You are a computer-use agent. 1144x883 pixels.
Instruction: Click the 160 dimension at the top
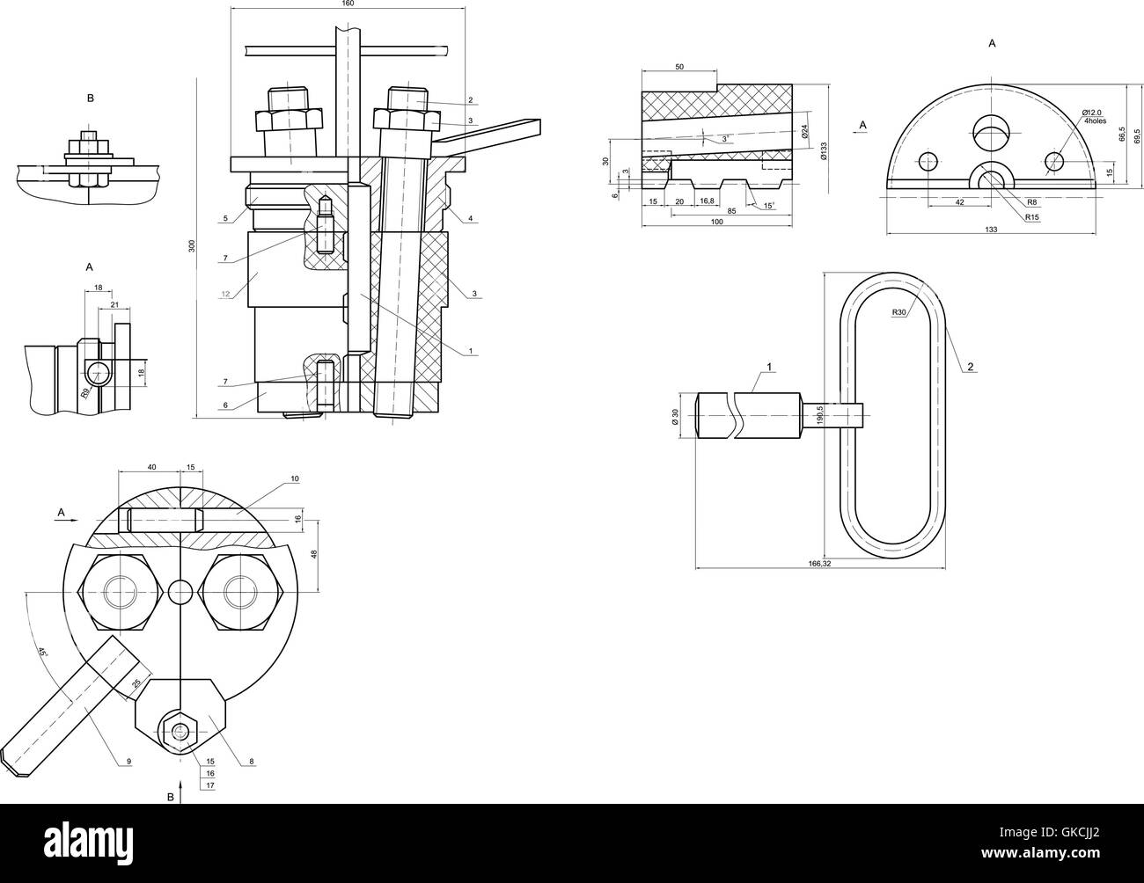coord(348,4)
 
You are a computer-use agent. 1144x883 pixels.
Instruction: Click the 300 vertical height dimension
coord(192,246)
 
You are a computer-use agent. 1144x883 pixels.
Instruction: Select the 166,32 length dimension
coord(819,563)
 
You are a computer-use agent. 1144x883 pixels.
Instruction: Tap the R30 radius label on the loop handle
coord(898,312)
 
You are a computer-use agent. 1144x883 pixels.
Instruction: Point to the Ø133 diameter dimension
coord(824,151)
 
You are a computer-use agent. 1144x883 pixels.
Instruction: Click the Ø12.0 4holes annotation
coord(1094,116)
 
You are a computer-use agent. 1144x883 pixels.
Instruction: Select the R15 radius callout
coord(1031,217)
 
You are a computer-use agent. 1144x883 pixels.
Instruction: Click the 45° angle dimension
coord(41,653)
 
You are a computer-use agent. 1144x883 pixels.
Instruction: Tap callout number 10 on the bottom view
coord(294,479)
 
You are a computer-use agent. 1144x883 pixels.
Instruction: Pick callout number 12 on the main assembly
coord(225,294)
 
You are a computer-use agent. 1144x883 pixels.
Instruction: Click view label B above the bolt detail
coord(90,99)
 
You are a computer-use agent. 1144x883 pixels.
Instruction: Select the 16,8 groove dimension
coord(707,201)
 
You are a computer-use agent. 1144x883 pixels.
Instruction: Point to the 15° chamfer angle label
coord(769,207)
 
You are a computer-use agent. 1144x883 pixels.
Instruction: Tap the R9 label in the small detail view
coord(85,393)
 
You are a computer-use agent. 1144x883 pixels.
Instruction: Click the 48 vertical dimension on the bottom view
coord(313,553)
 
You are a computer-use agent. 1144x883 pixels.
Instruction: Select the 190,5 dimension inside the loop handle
coord(820,412)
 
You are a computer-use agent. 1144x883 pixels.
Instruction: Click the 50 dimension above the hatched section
coord(678,67)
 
